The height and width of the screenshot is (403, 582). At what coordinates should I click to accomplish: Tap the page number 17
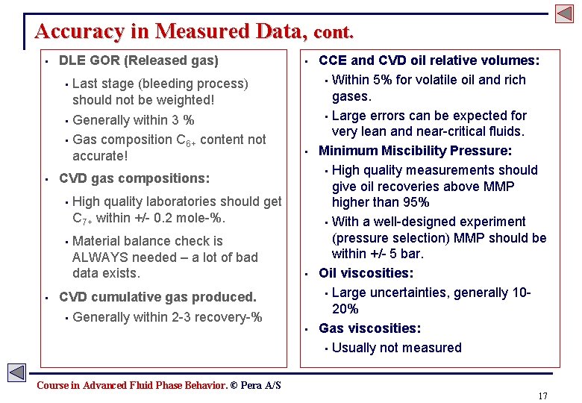[x=542, y=396]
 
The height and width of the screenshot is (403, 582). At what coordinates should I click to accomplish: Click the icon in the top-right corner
[x=563, y=13]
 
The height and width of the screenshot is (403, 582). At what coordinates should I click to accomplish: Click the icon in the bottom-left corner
[x=16, y=372]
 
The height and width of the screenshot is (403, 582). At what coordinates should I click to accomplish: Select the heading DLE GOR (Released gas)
[x=138, y=60]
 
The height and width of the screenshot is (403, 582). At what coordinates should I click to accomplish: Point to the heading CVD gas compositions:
[x=134, y=178]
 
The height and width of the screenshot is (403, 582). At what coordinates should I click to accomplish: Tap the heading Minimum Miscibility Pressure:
[x=404, y=151]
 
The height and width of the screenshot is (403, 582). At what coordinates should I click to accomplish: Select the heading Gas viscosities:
[x=369, y=328]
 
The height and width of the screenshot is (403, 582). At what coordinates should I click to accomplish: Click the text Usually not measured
[x=396, y=348]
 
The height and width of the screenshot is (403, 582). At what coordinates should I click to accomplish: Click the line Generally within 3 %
[x=134, y=120]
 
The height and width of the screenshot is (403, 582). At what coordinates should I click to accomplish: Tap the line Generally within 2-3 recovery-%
[x=167, y=317]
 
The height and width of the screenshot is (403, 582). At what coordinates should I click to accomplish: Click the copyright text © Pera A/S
[x=255, y=385]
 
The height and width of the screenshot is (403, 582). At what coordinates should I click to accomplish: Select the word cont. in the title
[x=334, y=34]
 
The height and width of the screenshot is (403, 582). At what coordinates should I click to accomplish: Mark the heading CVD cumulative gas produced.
[x=157, y=297]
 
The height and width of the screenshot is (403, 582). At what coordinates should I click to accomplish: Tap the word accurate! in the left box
[x=100, y=156]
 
